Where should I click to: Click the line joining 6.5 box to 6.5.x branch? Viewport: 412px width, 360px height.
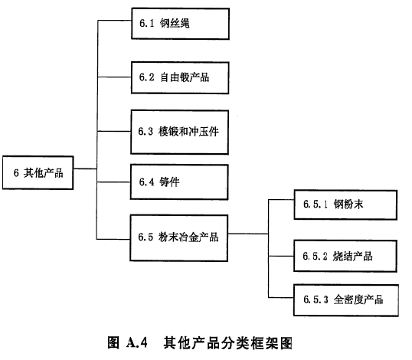click(x=248, y=235)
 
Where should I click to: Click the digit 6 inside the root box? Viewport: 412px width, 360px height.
click(x=15, y=173)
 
